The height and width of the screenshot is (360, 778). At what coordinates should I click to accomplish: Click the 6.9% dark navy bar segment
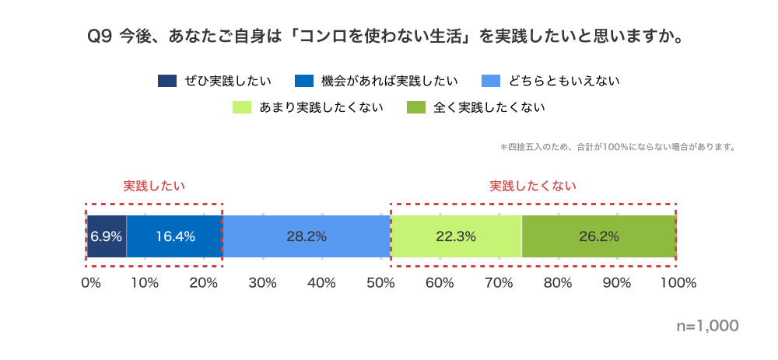coord(107,236)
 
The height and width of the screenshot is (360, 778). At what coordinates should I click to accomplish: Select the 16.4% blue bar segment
coord(174,236)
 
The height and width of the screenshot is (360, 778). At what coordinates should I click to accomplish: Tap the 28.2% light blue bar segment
coord(306,236)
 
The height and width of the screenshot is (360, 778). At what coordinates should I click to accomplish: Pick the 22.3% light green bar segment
coord(456,236)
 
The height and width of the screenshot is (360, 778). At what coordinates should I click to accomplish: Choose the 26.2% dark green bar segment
coord(598,236)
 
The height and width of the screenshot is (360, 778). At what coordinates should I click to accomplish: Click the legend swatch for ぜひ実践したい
coord(167,81)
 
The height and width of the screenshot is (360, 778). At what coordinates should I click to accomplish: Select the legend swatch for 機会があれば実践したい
coord(304,81)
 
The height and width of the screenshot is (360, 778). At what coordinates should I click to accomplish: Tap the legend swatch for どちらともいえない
coord(492,81)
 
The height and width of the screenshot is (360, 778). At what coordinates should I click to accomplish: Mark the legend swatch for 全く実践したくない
coord(416,107)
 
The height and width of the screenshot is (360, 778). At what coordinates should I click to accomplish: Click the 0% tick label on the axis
coord(91,283)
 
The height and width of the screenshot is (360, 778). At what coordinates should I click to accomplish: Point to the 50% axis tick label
coord(380,283)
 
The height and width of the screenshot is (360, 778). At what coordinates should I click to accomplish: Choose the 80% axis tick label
coord(558,283)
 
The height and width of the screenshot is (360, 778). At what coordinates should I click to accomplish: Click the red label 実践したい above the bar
coord(154,186)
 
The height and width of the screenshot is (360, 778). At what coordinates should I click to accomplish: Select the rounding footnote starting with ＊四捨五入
coord(617,146)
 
